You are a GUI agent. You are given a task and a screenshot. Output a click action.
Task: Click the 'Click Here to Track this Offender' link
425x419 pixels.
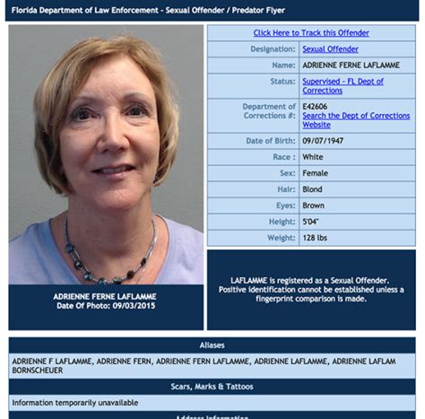click(311, 33)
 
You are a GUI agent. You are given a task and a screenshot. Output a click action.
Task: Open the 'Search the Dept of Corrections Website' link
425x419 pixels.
click(356, 120)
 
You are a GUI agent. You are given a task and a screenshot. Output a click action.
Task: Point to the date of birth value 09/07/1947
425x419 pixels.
click(322, 141)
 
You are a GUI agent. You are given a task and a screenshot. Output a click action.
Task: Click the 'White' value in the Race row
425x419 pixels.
click(313, 157)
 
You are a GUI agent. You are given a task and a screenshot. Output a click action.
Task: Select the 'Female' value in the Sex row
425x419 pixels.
click(316, 173)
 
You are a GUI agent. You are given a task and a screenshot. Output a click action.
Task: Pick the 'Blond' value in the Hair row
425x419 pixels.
click(314, 189)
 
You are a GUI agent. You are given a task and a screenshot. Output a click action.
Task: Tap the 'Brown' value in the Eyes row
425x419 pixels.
click(315, 205)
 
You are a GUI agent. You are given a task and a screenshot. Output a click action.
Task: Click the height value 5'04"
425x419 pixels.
click(312, 222)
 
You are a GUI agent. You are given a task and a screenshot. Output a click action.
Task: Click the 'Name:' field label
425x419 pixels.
click(283, 65)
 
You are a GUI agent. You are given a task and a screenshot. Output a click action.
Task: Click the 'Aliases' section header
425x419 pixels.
click(212, 345)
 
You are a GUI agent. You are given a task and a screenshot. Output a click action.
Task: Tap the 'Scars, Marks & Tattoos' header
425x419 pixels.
click(212, 387)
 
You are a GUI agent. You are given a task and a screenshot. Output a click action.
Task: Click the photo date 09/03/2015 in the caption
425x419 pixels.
click(134, 306)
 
